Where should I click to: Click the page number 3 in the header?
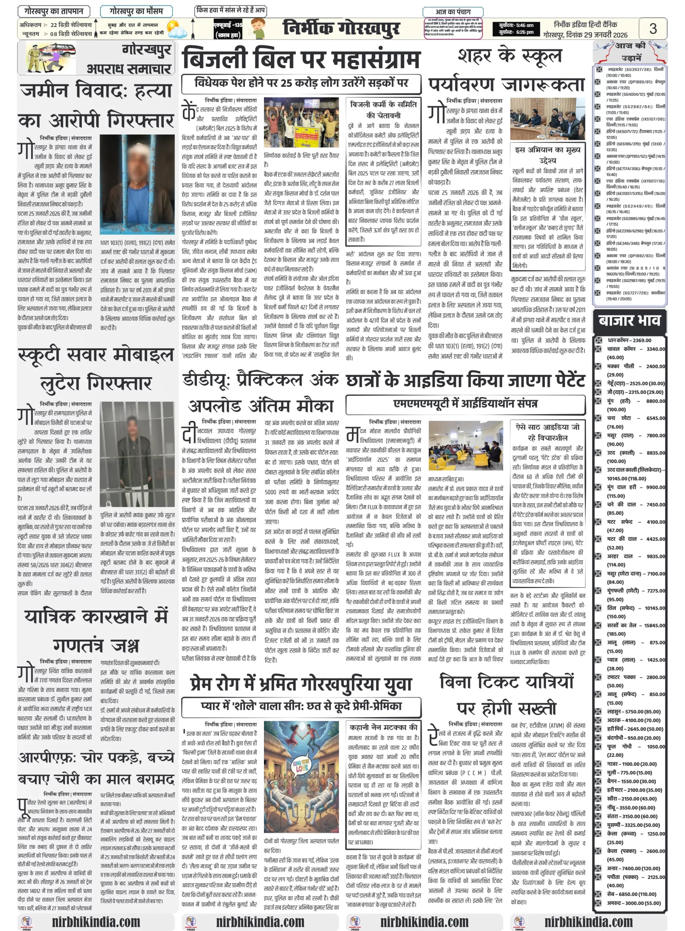coord(653,28)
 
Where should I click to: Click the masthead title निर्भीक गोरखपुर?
coord(341,28)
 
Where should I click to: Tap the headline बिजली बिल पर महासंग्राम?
coord(301,59)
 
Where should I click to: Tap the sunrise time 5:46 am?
coord(516,25)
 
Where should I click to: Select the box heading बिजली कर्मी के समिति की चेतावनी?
coord(383,109)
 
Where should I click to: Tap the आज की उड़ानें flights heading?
coord(630,51)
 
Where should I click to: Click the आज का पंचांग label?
coord(453,12)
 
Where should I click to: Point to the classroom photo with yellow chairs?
coord(466,445)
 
